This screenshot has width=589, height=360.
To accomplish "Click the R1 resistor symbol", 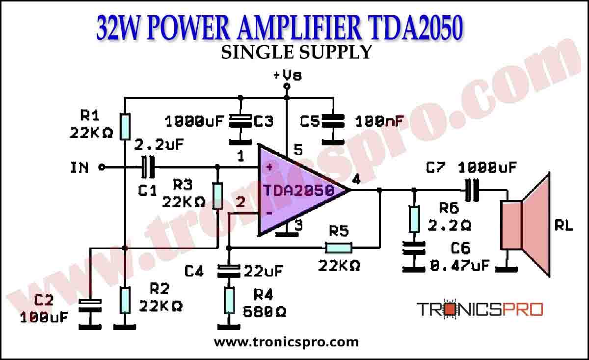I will (x=125, y=126).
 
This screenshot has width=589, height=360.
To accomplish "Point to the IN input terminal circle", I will (x=102, y=167).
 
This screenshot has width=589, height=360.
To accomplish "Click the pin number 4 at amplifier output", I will (x=356, y=180).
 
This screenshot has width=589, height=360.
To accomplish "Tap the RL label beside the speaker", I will (x=563, y=226).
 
